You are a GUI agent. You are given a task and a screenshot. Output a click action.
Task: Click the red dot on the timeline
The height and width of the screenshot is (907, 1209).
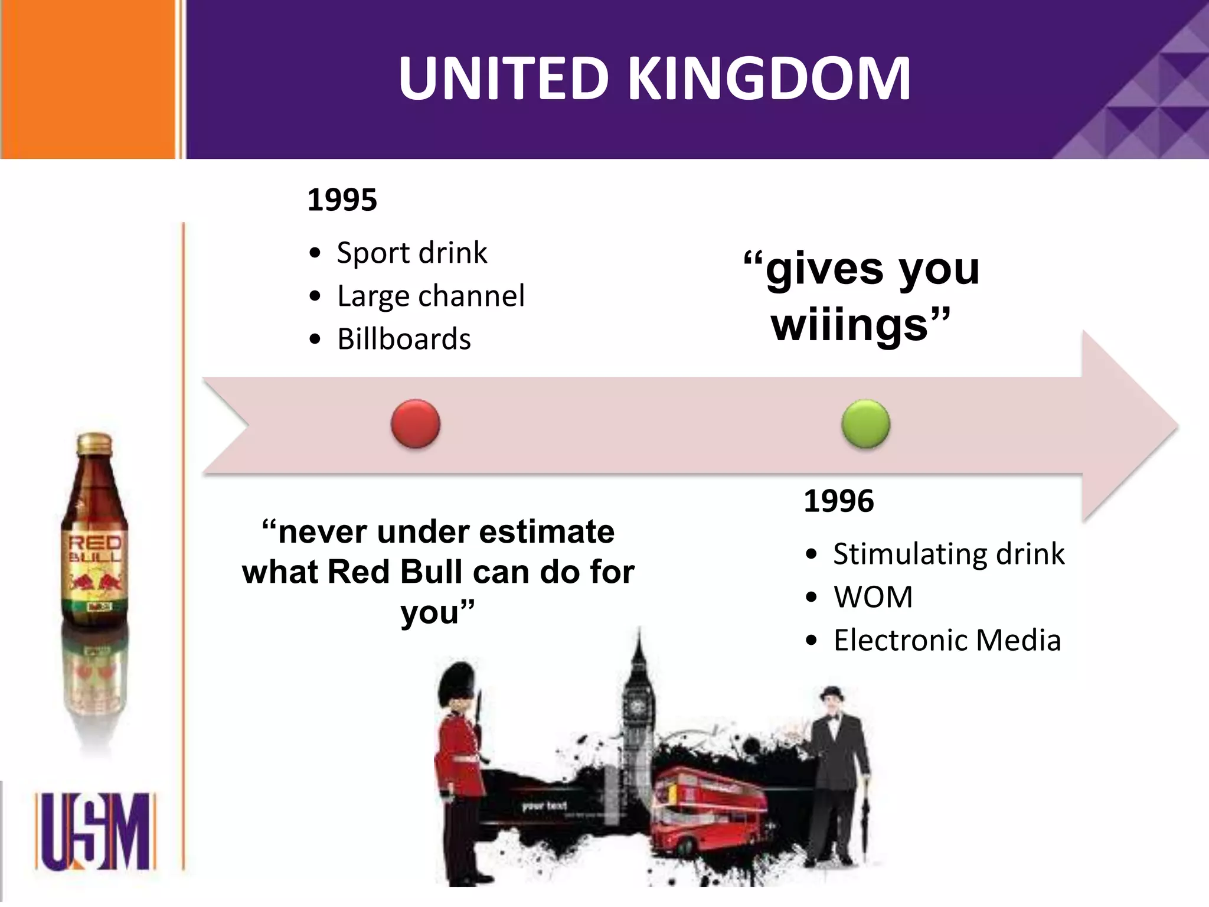pyautogui.click(x=416, y=424)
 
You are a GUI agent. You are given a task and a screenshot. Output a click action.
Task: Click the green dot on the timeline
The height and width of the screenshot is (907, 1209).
pyautogui.click(x=865, y=424)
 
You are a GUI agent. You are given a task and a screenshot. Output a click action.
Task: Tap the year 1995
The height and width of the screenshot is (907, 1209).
pyautogui.click(x=342, y=200)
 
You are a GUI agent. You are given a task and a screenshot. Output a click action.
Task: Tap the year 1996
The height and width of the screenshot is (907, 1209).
pyautogui.click(x=838, y=501)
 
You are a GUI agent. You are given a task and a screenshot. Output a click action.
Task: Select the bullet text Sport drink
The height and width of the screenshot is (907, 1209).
pyautogui.click(x=411, y=253)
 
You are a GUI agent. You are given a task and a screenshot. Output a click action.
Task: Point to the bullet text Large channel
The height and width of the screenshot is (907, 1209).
pyautogui.click(x=430, y=296)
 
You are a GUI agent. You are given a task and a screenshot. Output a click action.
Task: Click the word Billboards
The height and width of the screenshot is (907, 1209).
pyautogui.click(x=404, y=339)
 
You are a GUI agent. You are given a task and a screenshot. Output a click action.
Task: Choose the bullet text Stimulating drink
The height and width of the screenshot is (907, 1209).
pyautogui.click(x=949, y=554)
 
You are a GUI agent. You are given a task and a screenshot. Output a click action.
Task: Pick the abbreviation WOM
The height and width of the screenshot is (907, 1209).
pyautogui.click(x=873, y=597)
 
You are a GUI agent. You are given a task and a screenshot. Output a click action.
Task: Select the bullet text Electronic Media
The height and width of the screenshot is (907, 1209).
pyautogui.click(x=947, y=640)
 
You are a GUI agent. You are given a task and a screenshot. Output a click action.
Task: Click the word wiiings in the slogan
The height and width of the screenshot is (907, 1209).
pyautogui.click(x=850, y=326)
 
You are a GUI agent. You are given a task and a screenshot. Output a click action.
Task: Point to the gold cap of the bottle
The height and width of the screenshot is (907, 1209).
pyautogui.click(x=94, y=443)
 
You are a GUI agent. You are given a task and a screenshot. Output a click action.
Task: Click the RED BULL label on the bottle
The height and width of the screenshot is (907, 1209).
pyautogui.click(x=94, y=549)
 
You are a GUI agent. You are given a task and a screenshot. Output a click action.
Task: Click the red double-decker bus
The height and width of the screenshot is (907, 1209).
pyautogui.click(x=708, y=809)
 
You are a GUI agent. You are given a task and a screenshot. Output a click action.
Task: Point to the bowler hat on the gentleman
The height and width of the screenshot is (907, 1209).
pyautogui.click(x=832, y=693)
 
